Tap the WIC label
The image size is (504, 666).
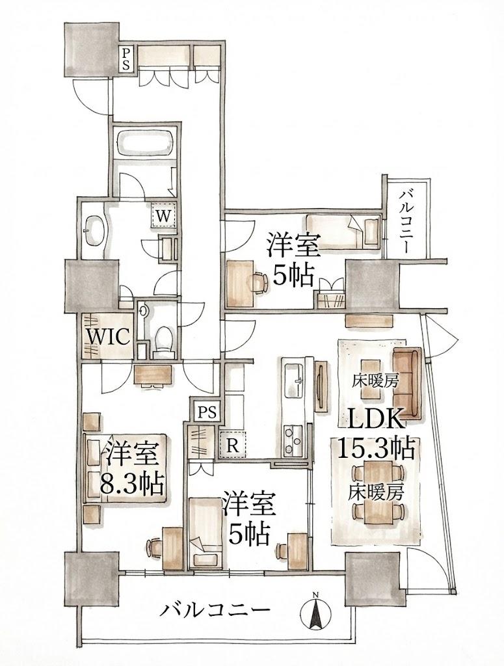[x=108, y=338]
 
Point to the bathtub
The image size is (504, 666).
[x=145, y=143]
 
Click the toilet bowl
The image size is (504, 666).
[x=163, y=340]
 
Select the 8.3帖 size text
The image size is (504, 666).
[x=131, y=483]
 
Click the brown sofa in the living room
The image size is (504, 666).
[x=407, y=382]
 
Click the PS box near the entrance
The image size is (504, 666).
[x=126, y=59]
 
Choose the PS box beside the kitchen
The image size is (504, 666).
[x=207, y=412]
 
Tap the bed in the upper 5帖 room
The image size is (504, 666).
[x=342, y=232]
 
